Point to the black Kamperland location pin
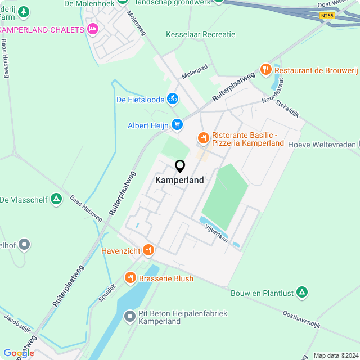pos(180,166)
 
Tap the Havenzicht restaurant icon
pos(148,250)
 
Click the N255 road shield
pos(327,16)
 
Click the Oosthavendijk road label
pos(301,320)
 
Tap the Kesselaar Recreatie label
pos(200,34)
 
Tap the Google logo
pos(19,353)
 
